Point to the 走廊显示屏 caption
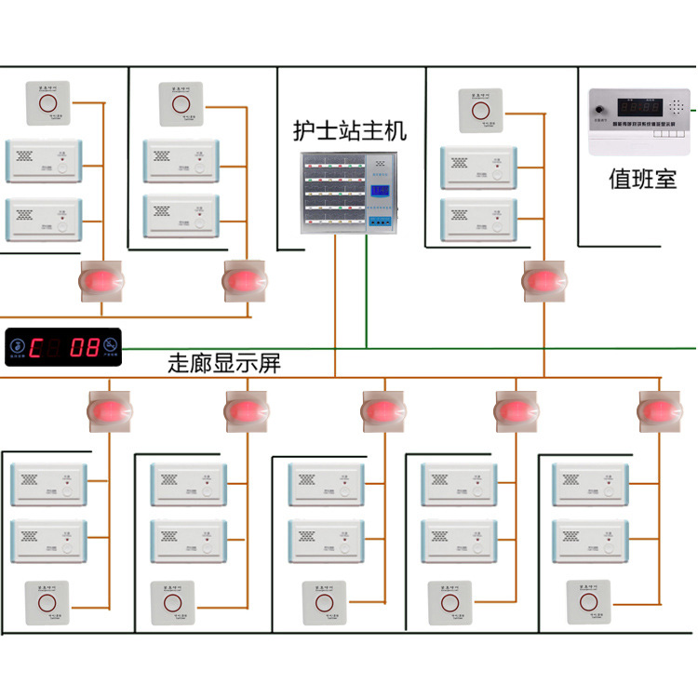(224, 364)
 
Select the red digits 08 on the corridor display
(86, 348)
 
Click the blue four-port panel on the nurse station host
(380, 224)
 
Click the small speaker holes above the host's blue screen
(379, 168)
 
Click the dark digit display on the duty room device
(641, 107)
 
